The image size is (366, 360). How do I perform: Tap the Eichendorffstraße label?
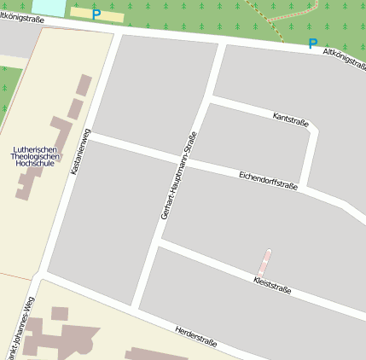pos(268,179)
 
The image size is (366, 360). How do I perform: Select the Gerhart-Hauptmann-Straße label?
pos(178,175)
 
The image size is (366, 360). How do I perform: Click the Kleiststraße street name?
pos(273,285)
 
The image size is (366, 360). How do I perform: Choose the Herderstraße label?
pos(195,337)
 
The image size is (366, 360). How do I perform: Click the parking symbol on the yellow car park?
pos(96,14)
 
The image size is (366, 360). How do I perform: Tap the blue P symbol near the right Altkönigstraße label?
pos(312,44)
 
